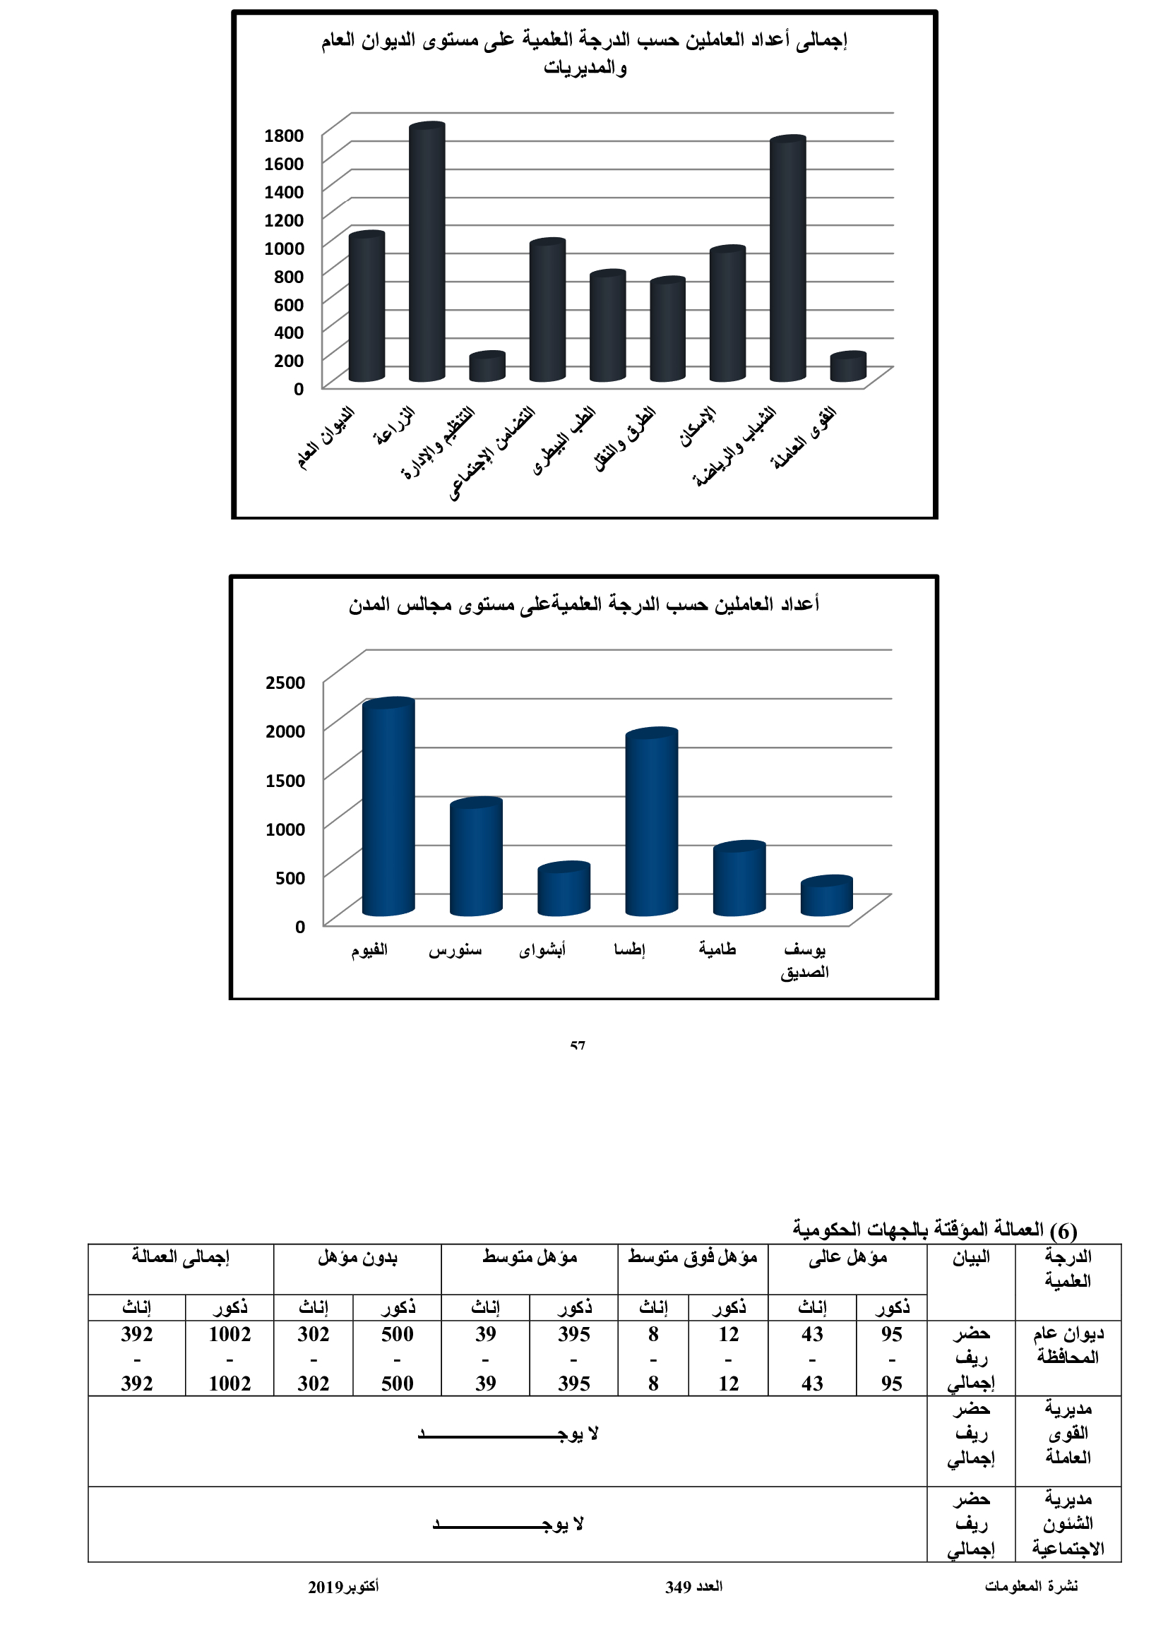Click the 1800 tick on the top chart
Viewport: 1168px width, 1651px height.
pyautogui.click(x=284, y=136)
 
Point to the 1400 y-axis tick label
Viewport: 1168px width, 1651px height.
pyautogui.click(x=284, y=191)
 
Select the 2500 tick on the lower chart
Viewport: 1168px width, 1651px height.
pyautogui.click(x=285, y=682)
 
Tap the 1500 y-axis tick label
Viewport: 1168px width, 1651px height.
pyautogui.click(x=285, y=780)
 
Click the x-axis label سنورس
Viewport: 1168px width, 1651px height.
pyautogui.click(x=455, y=950)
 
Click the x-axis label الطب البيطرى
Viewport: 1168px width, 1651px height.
pyautogui.click(x=565, y=440)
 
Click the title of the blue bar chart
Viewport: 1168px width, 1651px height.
pyautogui.click(x=584, y=604)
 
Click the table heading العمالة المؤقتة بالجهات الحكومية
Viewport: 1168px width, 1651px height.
pyautogui.click(x=934, y=1229)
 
